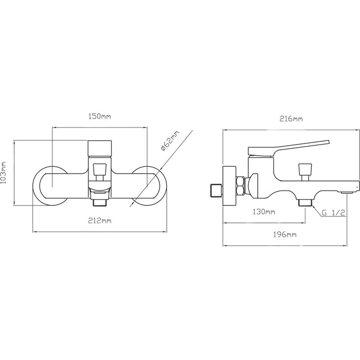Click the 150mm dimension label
[100, 116]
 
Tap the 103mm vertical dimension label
[4, 173]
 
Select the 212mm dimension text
[100, 221]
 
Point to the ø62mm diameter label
[170, 141]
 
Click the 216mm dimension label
[291, 119]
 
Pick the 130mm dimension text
[264, 211]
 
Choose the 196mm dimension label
[285, 235]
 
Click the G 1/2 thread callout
[334, 213]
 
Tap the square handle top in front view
[100, 148]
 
